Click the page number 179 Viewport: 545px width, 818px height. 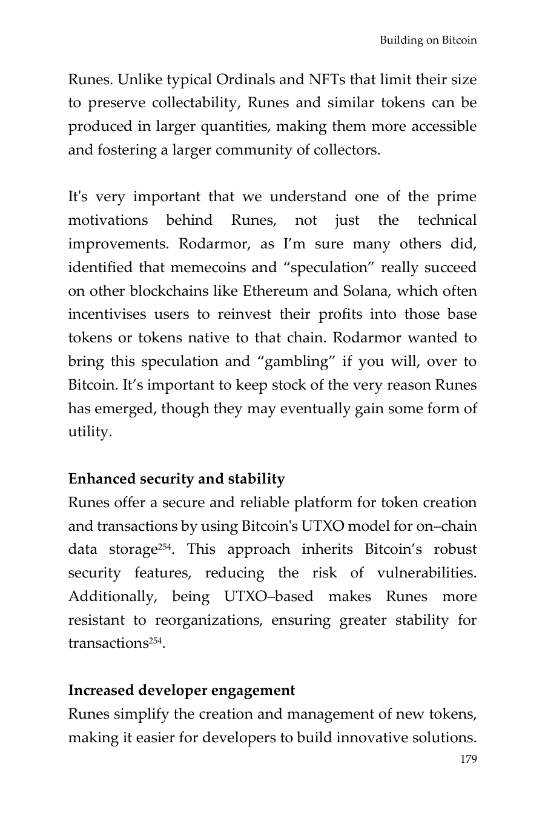point(468,759)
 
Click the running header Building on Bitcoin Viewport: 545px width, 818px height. point(428,41)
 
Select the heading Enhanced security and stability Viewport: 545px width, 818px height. point(176,479)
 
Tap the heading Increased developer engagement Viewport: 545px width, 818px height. point(182,691)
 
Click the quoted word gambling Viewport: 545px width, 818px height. point(297,362)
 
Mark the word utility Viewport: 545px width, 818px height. point(88,433)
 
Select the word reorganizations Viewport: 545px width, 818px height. point(207,621)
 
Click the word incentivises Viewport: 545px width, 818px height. point(107,315)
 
